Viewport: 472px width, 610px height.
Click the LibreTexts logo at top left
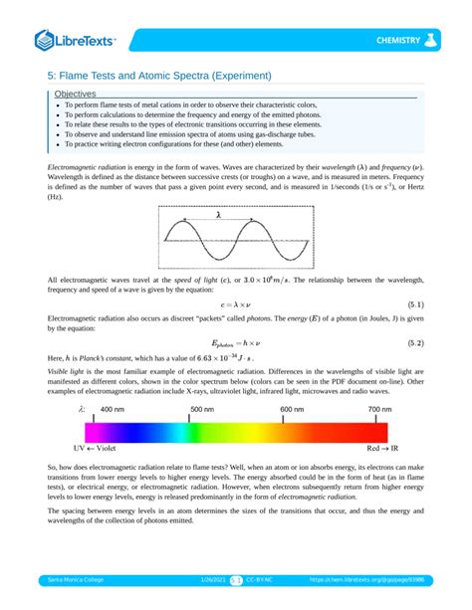point(76,40)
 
